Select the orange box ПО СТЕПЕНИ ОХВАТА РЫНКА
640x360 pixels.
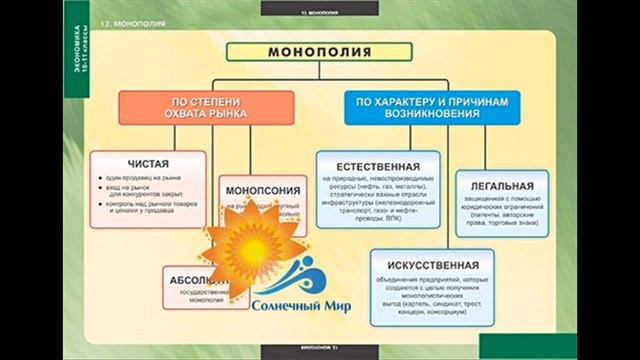pyautogui.click(x=205, y=106)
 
